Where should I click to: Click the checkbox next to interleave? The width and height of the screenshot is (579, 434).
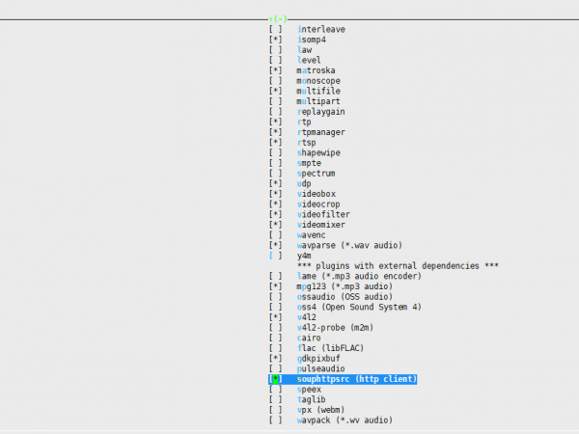pyautogui.click(x=276, y=29)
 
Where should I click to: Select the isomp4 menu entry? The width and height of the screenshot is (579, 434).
pyautogui.click(x=318, y=40)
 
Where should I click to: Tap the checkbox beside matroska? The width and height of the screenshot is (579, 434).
pyautogui.click(x=276, y=70)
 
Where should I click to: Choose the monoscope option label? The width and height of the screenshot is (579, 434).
pyautogui.click(x=321, y=80)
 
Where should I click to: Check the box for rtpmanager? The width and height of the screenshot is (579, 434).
pyautogui.click(x=276, y=132)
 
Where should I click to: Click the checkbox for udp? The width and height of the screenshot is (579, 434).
pyautogui.click(x=276, y=183)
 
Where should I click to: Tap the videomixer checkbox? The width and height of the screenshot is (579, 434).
pyautogui.click(x=276, y=225)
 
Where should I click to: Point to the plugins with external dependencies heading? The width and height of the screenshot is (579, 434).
pyautogui.click(x=398, y=265)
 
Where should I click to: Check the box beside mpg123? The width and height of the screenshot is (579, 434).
pyautogui.click(x=276, y=286)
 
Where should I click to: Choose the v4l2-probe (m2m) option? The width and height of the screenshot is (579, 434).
pyautogui.click(x=334, y=327)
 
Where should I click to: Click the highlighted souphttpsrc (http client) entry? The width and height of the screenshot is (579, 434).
pyautogui.click(x=356, y=379)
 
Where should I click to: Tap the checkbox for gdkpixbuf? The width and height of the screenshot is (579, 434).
pyautogui.click(x=276, y=358)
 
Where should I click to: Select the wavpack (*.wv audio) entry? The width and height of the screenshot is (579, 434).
pyautogui.click(x=345, y=420)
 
